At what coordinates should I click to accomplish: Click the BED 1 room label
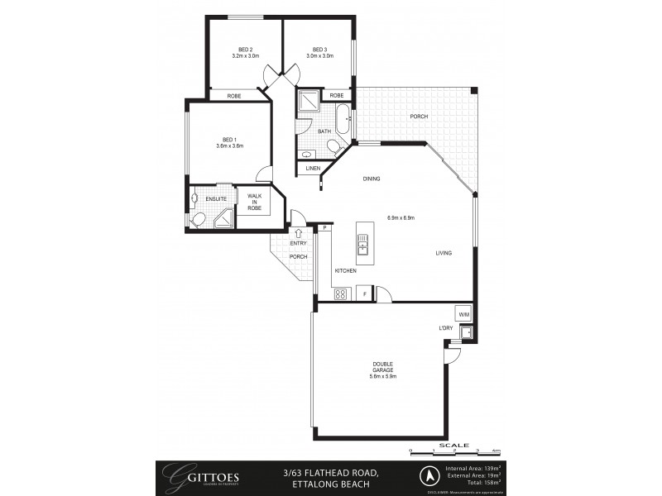coord(229,139)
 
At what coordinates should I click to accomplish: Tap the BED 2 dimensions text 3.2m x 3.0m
coord(245,56)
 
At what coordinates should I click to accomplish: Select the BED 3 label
coord(319,49)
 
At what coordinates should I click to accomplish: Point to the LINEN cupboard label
coord(313,169)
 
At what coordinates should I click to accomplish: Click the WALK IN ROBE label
coord(254,203)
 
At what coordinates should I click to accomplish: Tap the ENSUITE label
coord(216,198)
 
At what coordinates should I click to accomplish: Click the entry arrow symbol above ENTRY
coord(298,233)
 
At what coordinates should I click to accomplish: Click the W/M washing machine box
coord(463,315)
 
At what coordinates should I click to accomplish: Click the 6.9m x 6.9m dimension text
coord(400,218)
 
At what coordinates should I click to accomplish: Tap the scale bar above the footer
coord(454,450)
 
